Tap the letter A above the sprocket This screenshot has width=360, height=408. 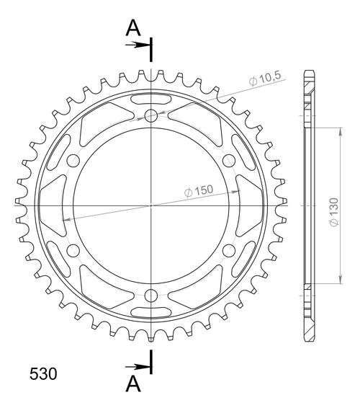pyautogui.click(x=132, y=28)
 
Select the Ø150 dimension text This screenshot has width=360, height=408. pyautogui.click(x=198, y=191)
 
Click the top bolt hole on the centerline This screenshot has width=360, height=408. pyautogui.click(x=151, y=116)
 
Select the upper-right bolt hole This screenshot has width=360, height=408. pyautogui.click(x=229, y=160)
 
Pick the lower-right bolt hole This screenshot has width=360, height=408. pyautogui.click(x=229, y=250)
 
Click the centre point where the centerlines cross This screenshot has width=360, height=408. pyautogui.click(x=151, y=205)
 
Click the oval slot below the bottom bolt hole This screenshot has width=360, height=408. pyautogui.click(x=151, y=314)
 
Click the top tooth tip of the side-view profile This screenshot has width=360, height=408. pyautogui.click(x=310, y=71)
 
